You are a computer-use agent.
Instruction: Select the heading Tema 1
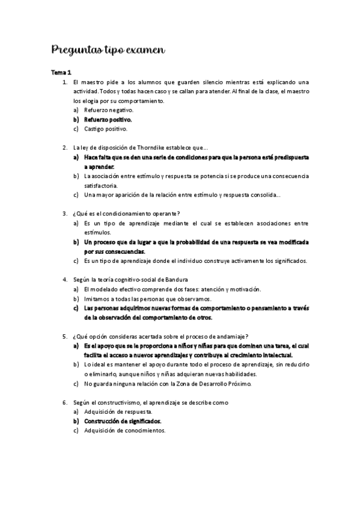point(62,72)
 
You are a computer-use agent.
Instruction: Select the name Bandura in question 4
point(175,279)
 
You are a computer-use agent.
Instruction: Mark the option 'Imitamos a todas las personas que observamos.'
point(148,298)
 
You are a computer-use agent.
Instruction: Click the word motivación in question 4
point(243,289)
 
